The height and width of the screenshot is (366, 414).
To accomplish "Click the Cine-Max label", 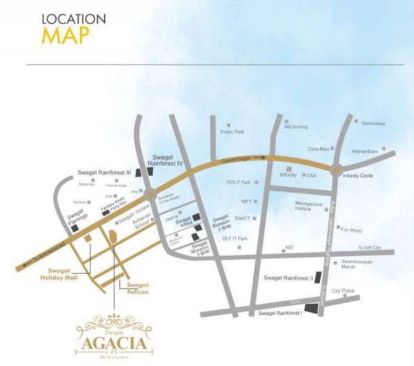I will [x=320, y=148].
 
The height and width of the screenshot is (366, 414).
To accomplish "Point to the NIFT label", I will [x=246, y=201].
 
